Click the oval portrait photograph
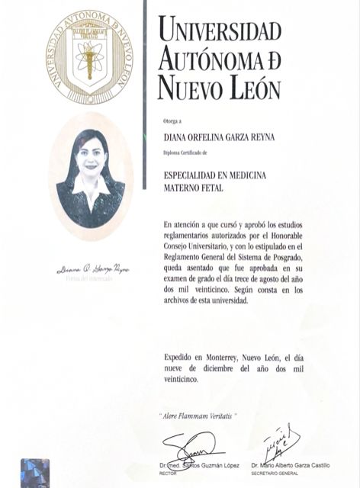click(x=91, y=176)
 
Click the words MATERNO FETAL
click(x=194, y=188)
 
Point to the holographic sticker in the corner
click(x=34, y=473)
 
